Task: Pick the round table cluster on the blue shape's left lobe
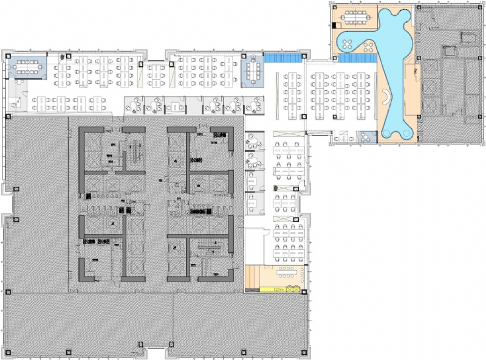[x=349, y=44]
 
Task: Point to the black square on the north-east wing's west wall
[x=335, y=25]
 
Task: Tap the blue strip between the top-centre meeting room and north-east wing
[x=283, y=58]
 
